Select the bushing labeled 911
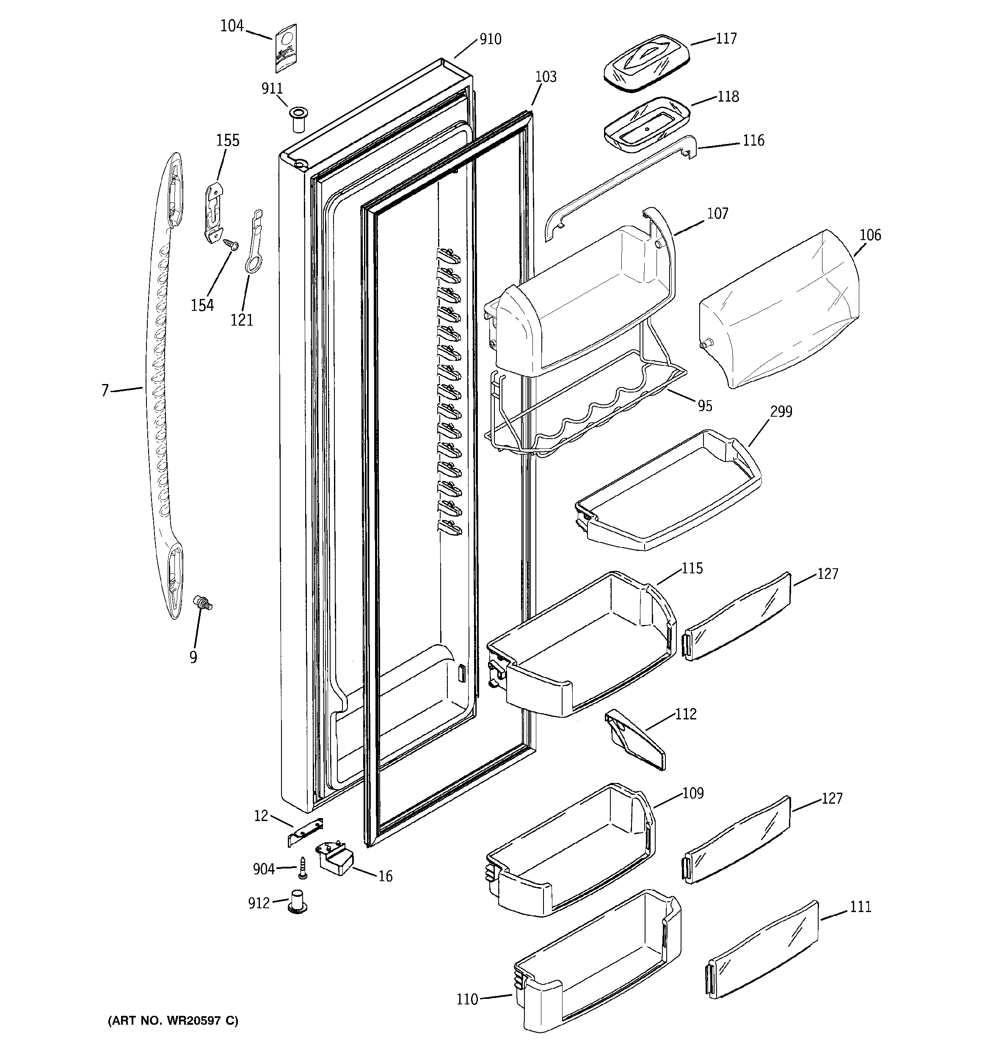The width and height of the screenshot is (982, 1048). [298, 120]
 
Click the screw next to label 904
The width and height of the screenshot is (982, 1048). [303, 867]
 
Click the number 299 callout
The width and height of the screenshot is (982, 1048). [781, 411]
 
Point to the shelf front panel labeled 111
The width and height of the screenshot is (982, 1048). [763, 949]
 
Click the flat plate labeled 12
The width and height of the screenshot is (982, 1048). [305, 832]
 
